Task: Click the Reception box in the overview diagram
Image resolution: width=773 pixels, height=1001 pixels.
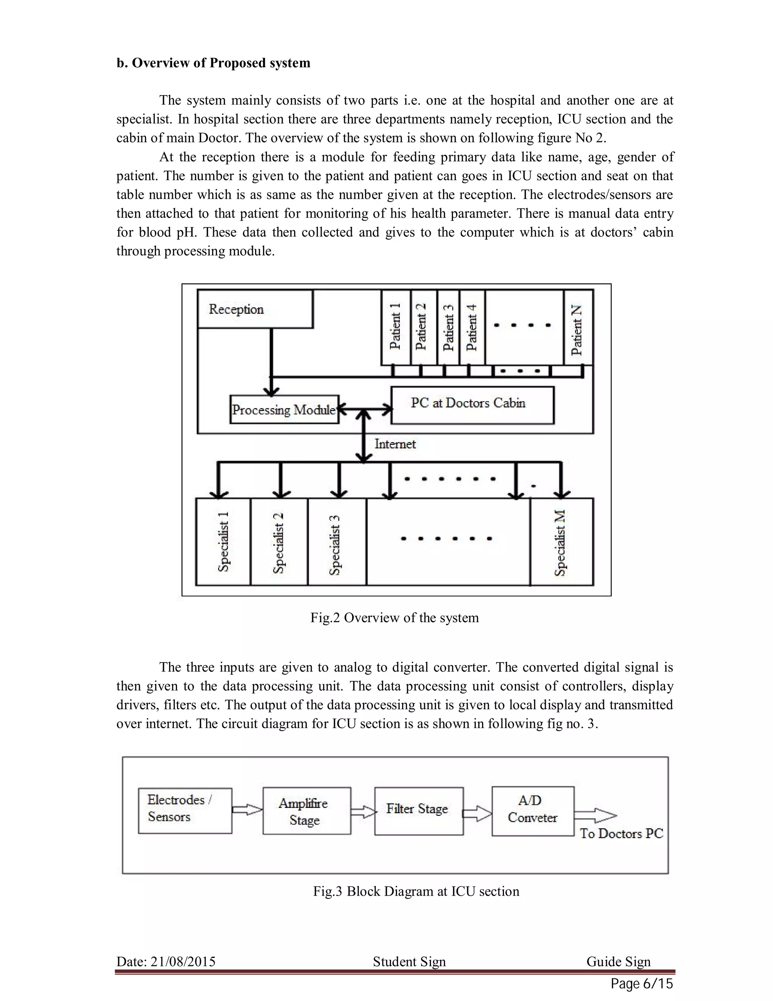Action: point(255,309)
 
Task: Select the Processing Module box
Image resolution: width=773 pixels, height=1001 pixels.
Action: point(284,409)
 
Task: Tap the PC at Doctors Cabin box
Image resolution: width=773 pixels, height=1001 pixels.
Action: point(472,405)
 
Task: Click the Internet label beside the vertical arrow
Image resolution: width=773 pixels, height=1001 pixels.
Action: point(395,444)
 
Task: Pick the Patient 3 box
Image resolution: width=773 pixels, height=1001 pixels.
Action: point(448,327)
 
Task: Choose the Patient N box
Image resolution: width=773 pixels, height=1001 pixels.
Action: point(578,327)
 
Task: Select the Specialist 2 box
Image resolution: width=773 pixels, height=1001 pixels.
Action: point(279,542)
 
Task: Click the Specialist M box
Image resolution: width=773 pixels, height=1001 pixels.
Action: point(561,542)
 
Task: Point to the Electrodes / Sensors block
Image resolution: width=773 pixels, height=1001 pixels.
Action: point(185,810)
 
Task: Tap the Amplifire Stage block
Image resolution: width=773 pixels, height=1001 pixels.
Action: point(306,811)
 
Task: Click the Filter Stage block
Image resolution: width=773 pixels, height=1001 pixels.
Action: point(419,811)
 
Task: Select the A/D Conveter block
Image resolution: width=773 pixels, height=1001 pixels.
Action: point(533,811)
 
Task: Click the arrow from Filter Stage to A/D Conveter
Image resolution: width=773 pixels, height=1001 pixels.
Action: point(477,814)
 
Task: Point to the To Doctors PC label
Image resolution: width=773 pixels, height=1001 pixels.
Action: point(621,833)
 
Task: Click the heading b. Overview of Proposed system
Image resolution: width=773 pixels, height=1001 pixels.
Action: point(213,63)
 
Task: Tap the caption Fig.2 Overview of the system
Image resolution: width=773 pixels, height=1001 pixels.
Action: point(394,617)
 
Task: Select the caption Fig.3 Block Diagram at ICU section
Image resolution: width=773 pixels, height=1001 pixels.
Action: point(416,891)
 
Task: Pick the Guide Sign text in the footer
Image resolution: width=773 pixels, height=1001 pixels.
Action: point(618,961)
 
